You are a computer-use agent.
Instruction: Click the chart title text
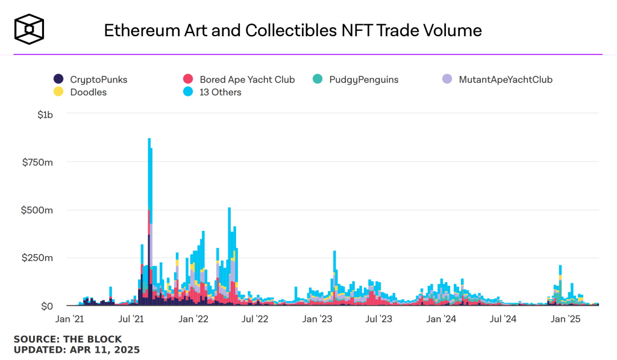coord(293,30)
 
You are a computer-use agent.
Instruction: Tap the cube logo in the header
coord(30,29)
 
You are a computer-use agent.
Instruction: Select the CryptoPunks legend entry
coord(90,79)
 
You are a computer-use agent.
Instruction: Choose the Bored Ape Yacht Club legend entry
coord(239,79)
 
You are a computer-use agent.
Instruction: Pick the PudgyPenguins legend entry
coord(355,79)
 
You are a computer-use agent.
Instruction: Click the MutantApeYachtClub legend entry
coord(497,79)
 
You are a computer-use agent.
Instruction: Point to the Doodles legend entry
coord(80,92)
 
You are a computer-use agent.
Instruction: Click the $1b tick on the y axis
coord(46,114)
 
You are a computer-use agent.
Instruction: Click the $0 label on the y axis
coord(47,306)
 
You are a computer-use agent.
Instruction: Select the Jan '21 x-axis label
coord(70,318)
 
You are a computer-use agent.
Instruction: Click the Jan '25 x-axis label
coord(565,318)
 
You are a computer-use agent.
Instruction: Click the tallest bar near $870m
coord(149,181)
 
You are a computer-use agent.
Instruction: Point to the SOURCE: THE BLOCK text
coord(67,339)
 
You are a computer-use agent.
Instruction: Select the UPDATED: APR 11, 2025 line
coord(77,350)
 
